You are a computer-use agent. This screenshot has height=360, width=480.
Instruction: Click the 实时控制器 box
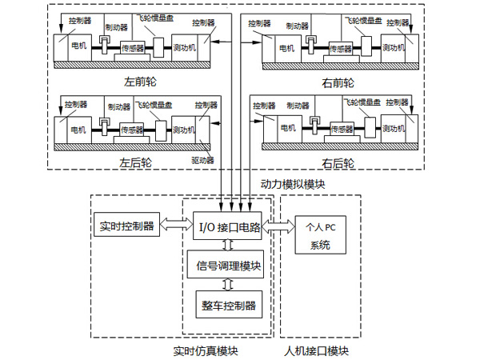pos(128,226)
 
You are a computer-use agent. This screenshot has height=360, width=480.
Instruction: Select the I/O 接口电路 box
pos(230,227)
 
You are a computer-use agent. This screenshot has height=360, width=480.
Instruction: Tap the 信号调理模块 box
pos(230,266)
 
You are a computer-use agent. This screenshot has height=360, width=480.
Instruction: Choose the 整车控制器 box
pos(230,305)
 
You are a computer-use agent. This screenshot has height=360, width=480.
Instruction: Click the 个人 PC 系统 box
pos(319,236)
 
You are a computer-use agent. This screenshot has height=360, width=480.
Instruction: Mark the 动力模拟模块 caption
pos(294,183)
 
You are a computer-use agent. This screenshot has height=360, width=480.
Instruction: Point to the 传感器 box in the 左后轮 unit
pos(132,129)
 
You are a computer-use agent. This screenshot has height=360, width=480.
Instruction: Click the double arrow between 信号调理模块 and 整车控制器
pos(230,284)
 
